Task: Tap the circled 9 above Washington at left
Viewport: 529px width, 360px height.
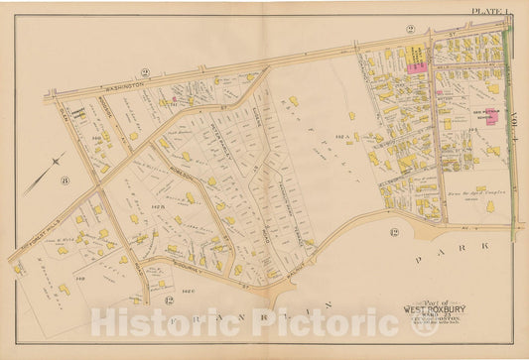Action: pos(144,72)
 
